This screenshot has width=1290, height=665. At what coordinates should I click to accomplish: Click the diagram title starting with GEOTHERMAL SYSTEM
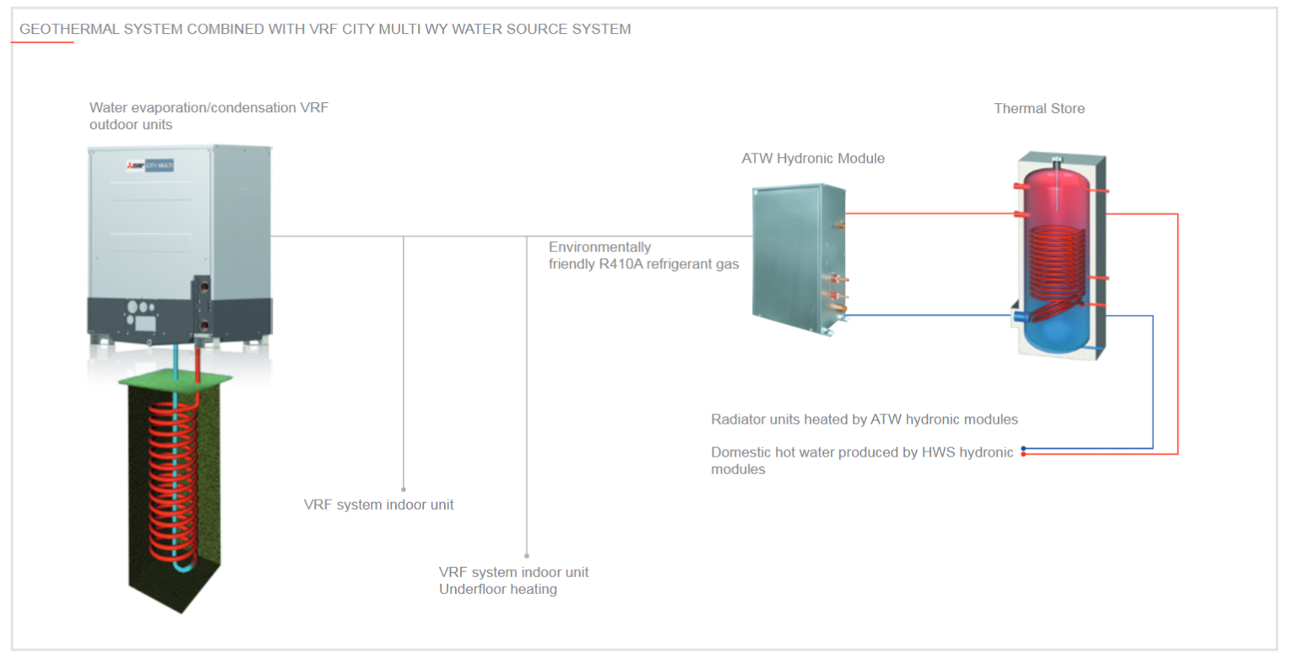[x=325, y=29]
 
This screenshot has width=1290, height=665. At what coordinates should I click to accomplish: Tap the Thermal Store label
[x=1038, y=108]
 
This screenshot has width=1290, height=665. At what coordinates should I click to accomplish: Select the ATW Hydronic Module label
[x=812, y=158]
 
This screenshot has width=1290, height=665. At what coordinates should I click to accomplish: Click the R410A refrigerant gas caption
[x=642, y=256]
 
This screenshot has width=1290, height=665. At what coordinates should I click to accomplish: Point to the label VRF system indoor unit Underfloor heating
[x=513, y=580]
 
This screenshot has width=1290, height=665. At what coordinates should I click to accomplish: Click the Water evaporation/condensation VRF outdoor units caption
[x=209, y=116]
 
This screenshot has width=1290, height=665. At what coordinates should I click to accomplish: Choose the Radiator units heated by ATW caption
[x=864, y=419]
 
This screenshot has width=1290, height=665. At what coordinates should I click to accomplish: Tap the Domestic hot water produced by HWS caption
[x=861, y=460]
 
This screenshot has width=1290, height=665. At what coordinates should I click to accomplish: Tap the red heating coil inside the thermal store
[x=1055, y=262]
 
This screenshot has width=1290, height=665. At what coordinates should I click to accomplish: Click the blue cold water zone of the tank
[x=1055, y=333]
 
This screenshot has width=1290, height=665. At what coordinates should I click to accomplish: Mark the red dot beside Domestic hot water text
[x=1023, y=455]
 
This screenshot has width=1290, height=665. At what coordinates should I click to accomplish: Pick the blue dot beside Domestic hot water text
[x=1023, y=448]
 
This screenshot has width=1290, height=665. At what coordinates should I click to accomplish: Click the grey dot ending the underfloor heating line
[x=527, y=556]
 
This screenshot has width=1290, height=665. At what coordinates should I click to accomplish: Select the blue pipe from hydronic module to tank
[x=929, y=316]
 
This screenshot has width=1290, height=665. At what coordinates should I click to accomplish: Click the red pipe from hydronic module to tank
[x=929, y=214]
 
